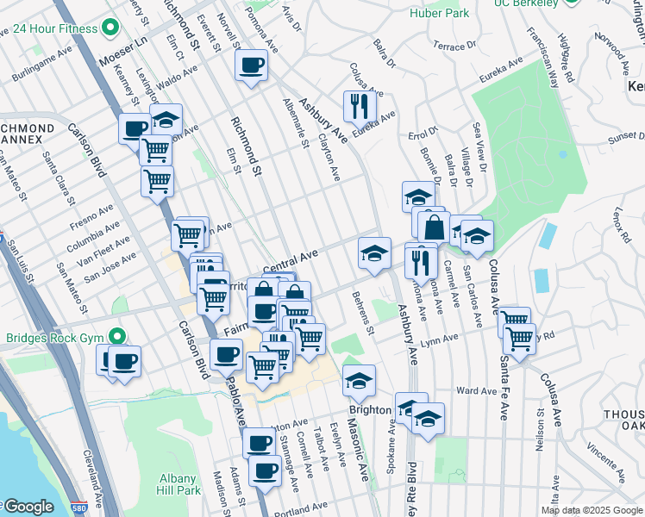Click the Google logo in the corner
28,507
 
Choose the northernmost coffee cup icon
251,65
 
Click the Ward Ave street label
477,390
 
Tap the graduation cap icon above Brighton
360,379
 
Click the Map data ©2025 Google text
591,510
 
